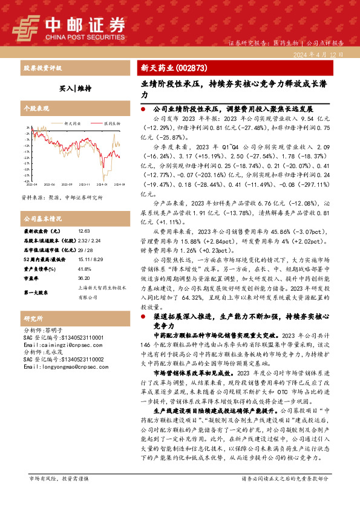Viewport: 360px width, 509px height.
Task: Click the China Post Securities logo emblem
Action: click(x=27, y=26)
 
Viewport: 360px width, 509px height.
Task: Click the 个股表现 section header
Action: click(x=36, y=109)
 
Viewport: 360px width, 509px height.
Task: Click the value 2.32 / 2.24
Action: click(x=90, y=241)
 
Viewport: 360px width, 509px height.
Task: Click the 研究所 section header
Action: click(x=33, y=318)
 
